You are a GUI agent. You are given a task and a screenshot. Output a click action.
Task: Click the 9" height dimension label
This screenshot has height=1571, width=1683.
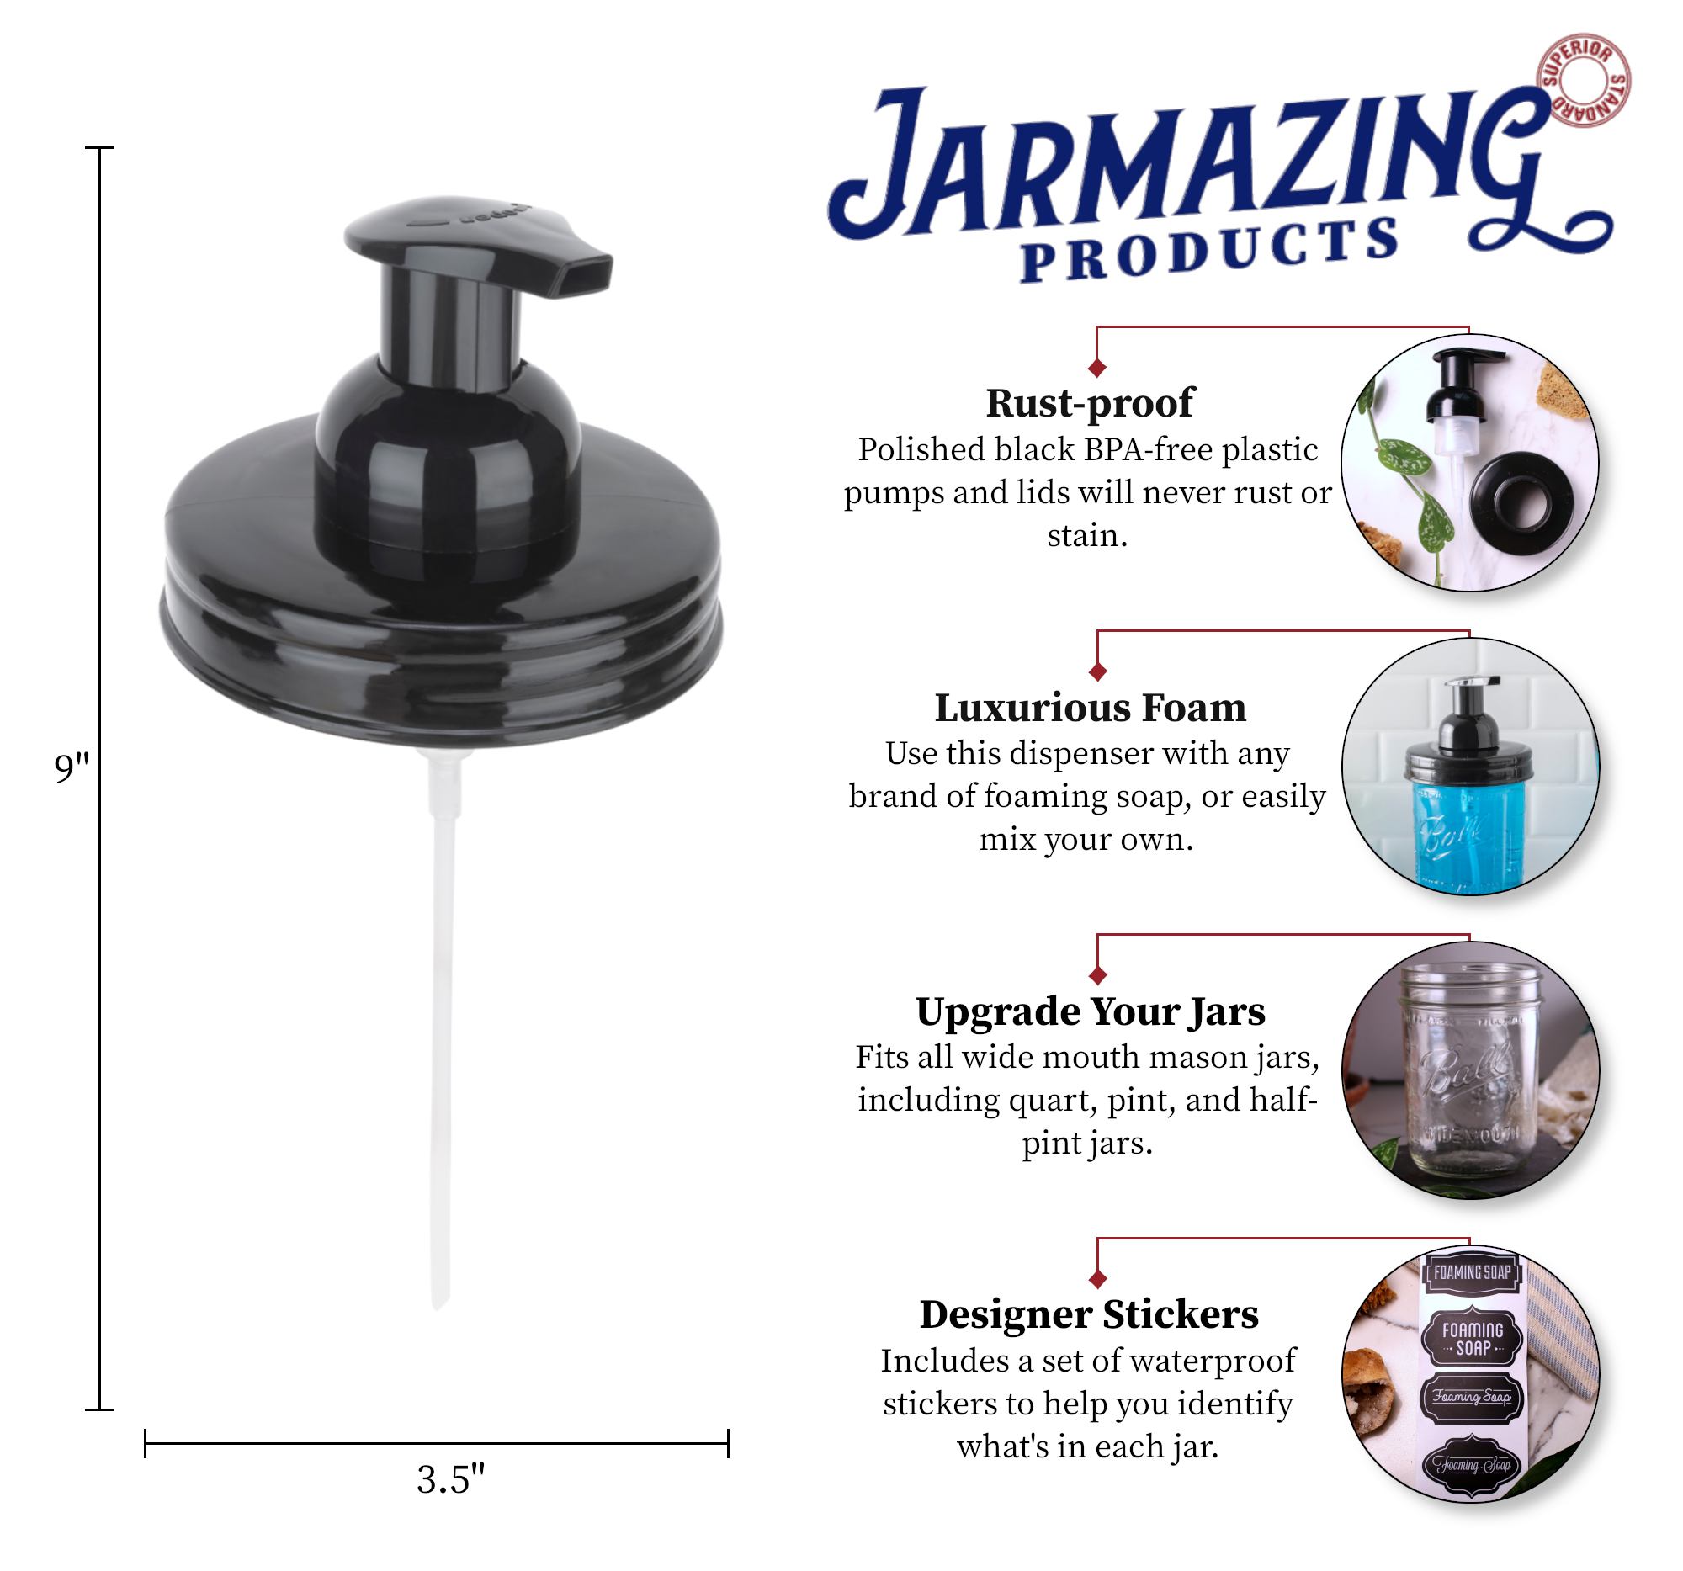pos(72,767)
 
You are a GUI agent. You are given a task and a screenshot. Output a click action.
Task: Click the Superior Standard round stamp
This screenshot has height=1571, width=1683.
pos(1584,82)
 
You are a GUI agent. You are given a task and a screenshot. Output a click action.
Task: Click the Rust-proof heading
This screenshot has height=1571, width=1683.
pos(1090,403)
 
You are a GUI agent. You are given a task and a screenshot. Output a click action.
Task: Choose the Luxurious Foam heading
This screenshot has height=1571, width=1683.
pos(1091,708)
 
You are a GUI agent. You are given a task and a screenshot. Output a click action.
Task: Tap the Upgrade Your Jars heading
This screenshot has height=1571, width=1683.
pos(1091,1011)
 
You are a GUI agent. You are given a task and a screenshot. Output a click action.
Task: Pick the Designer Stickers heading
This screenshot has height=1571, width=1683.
pos(1090,1314)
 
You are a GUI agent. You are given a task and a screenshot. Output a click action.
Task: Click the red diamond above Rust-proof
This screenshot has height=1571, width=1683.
pos(1098,369)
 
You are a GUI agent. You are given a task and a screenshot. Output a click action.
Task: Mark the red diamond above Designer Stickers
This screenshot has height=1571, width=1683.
pos(1098,1279)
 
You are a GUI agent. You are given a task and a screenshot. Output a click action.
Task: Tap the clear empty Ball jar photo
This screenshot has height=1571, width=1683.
pos(1469,1075)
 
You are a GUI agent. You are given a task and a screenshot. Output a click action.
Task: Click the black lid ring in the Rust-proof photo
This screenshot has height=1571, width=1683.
pos(1521,504)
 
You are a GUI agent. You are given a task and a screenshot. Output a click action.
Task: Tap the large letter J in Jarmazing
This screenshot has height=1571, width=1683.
pos(880,165)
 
